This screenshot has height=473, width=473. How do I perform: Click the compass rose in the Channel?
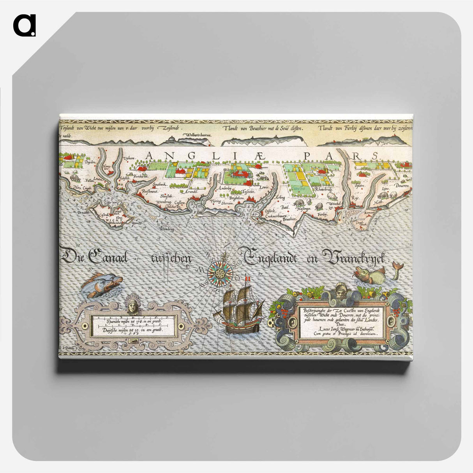click(220, 272)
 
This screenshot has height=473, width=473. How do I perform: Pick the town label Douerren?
click(401, 186)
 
